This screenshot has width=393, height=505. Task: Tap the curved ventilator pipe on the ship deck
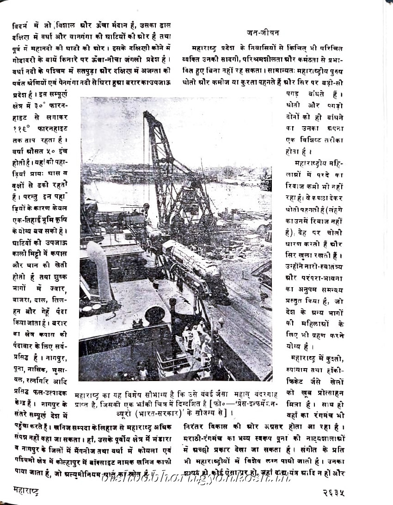pos(99,271)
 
